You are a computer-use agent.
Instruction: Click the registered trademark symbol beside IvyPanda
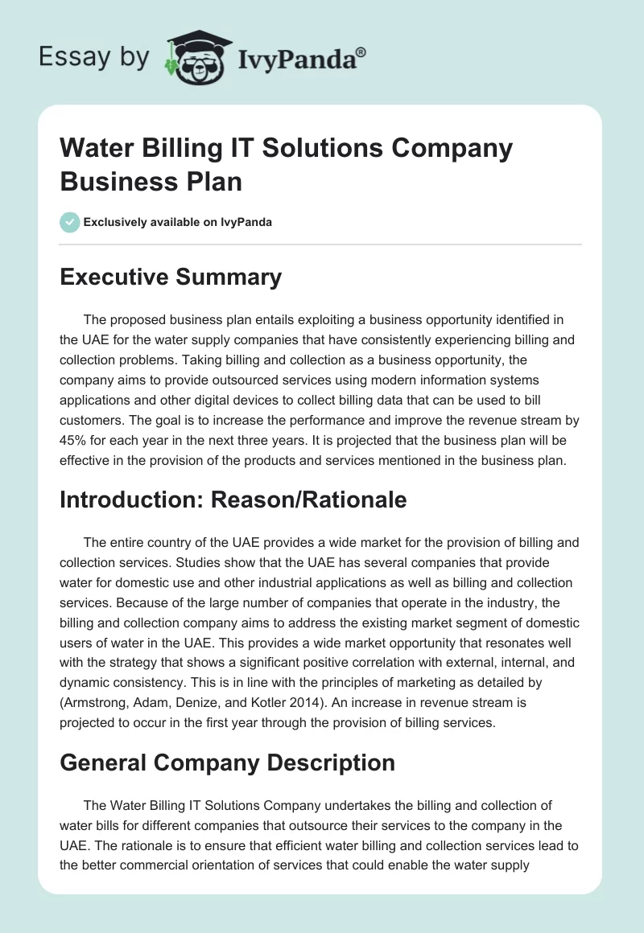[x=361, y=52]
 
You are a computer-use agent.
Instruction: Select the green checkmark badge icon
[x=70, y=222]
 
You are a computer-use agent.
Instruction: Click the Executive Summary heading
[x=171, y=277]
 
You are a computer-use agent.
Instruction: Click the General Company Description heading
[x=228, y=762]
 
